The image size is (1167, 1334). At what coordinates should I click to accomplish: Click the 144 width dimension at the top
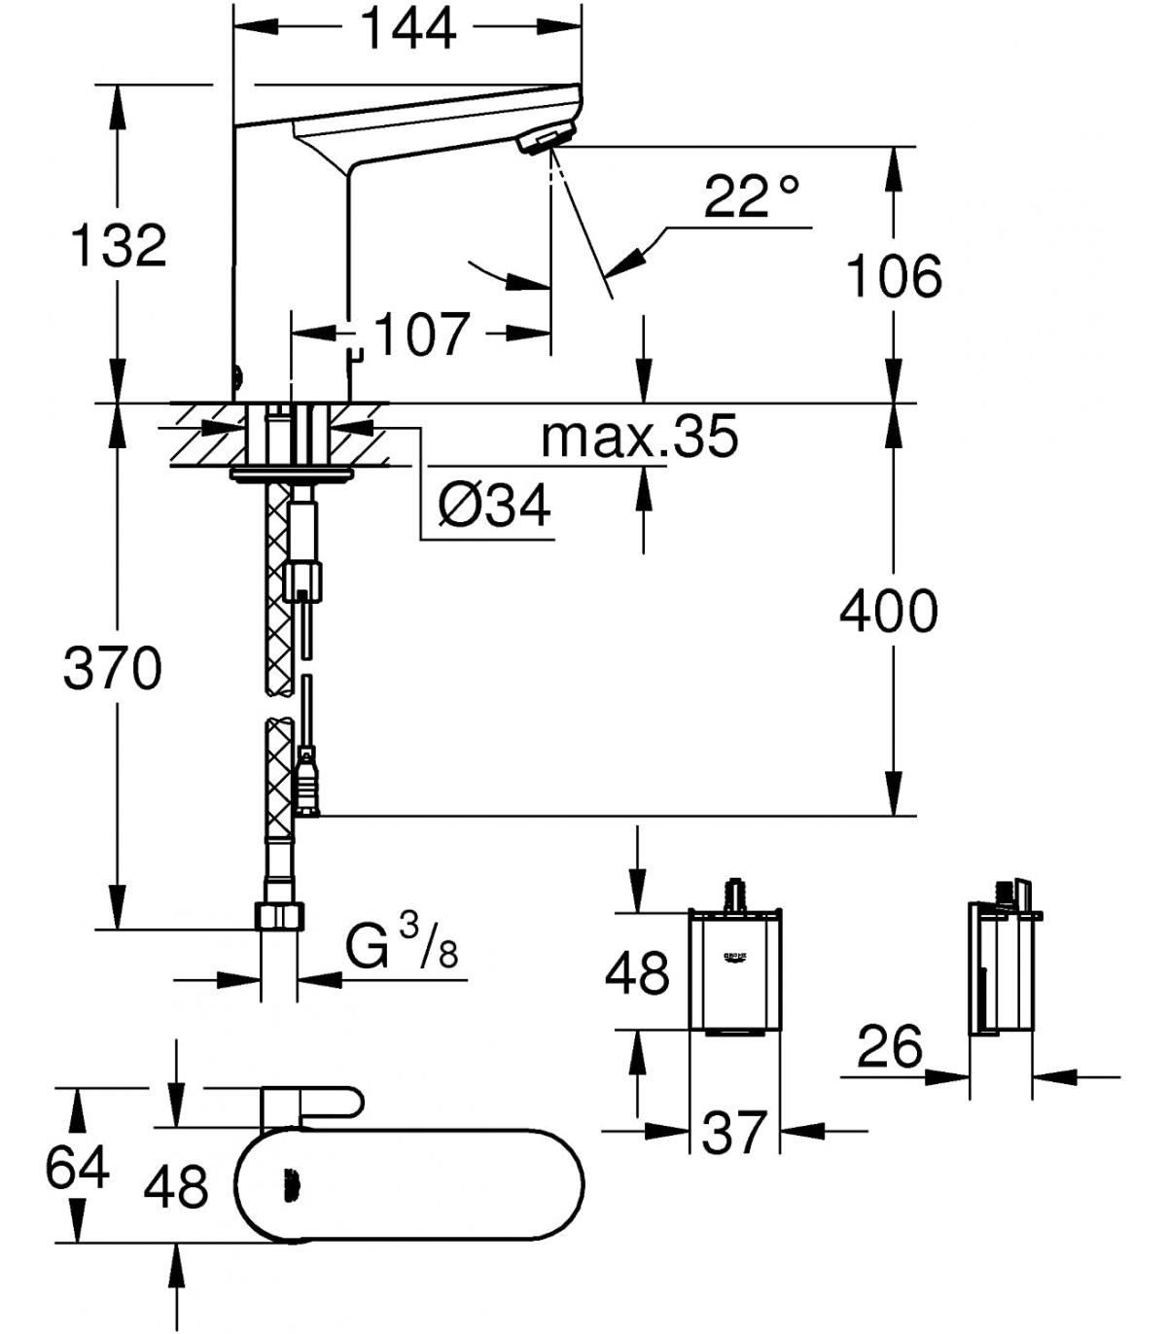408,29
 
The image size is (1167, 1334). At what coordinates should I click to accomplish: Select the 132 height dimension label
119,246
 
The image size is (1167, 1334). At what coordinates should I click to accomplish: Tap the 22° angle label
751,197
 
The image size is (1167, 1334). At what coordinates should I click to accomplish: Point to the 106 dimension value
893,276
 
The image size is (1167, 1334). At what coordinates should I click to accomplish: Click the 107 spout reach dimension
422,333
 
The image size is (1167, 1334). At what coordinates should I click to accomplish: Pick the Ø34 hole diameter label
494,505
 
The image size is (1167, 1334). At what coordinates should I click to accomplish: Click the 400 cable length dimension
889,611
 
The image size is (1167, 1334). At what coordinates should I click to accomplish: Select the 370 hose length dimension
112,668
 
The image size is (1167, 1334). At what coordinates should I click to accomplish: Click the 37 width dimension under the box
732,1133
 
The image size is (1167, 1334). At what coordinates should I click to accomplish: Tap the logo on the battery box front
735,957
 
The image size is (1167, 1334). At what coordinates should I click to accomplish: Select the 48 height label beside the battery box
636,972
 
